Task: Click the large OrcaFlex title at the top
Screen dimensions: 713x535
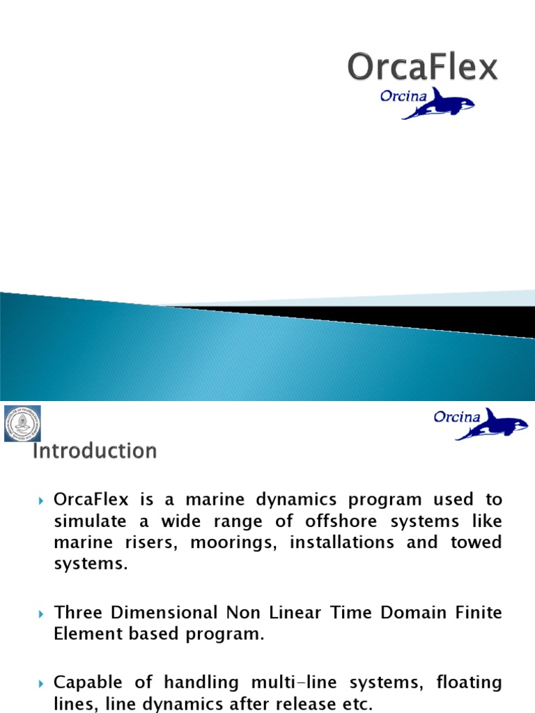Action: click(423, 68)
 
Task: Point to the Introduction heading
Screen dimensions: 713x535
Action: click(95, 451)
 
